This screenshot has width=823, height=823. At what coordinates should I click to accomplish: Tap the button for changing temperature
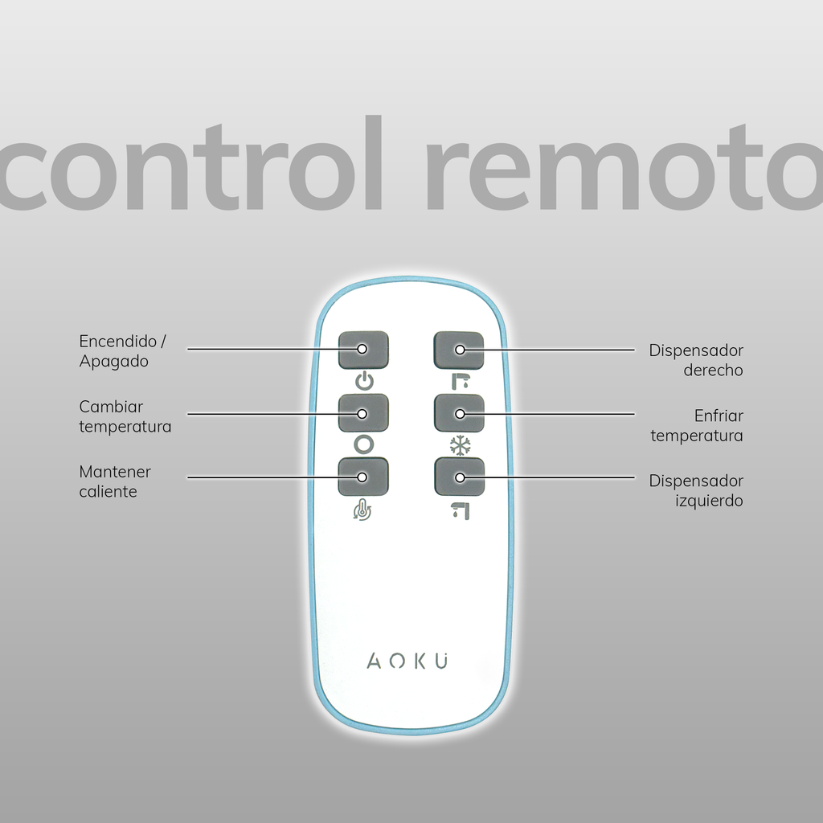[x=363, y=413]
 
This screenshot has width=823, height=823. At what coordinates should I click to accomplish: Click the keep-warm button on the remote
[x=363, y=477]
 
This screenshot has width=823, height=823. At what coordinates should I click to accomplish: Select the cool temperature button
[x=459, y=413]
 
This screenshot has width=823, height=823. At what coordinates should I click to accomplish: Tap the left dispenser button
[x=459, y=477]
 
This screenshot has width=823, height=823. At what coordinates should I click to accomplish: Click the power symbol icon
[x=364, y=381]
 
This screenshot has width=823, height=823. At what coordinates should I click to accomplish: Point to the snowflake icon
[x=459, y=444]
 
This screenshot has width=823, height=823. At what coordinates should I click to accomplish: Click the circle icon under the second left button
[x=364, y=444]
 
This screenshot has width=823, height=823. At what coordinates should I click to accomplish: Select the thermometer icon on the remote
[x=363, y=509]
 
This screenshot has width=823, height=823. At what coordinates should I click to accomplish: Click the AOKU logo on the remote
[x=409, y=661]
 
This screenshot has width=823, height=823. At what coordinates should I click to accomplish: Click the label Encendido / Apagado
[x=122, y=351]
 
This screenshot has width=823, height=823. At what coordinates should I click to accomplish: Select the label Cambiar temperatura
[x=125, y=416]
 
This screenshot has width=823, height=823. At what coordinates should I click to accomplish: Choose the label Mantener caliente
[x=114, y=481]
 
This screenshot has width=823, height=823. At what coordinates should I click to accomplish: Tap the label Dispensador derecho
[x=696, y=360]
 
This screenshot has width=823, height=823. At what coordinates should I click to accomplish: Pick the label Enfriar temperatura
[x=697, y=426]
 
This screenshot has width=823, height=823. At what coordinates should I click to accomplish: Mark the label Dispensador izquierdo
[x=696, y=490]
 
